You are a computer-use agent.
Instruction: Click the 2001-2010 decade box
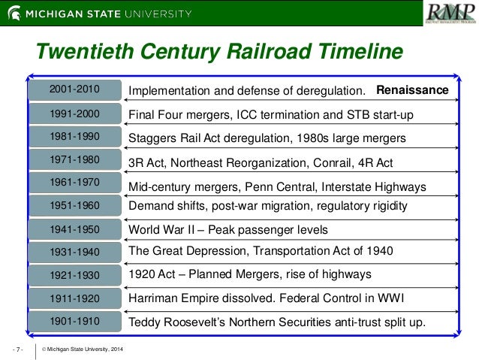pyautogui.click(x=74, y=90)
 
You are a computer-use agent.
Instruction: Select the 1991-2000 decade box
pyautogui.click(x=74, y=114)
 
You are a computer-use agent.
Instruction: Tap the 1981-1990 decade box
pyautogui.click(x=74, y=138)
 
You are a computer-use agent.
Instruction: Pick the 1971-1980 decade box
pyautogui.click(x=74, y=161)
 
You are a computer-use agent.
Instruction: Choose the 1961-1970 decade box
pyautogui.click(x=74, y=183)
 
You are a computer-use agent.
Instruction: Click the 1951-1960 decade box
pyautogui.click(x=74, y=204)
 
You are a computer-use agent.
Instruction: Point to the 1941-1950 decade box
pyautogui.click(x=74, y=228)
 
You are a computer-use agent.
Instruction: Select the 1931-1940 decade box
pyautogui.click(x=74, y=251)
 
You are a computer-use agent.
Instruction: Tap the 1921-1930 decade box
pyautogui.click(x=74, y=274)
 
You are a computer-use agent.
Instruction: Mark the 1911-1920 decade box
pyautogui.click(x=74, y=298)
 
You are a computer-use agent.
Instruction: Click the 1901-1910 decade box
pyautogui.click(x=74, y=322)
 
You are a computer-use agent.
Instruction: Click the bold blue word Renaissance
pyautogui.click(x=412, y=91)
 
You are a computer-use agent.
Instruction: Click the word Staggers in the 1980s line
pyautogui.click(x=153, y=138)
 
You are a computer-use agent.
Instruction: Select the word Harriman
pyautogui.click(x=156, y=298)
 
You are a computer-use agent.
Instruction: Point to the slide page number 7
pyautogui.click(x=18, y=350)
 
